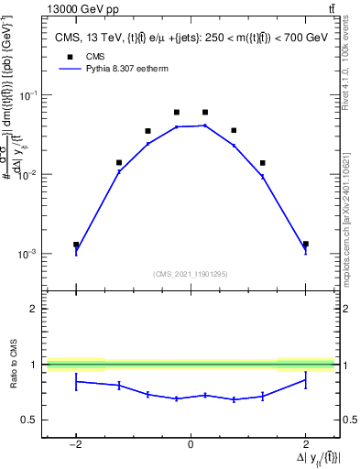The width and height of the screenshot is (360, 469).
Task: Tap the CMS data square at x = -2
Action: click(x=76, y=245)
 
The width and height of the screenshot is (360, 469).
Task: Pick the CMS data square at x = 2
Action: click(x=305, y=245)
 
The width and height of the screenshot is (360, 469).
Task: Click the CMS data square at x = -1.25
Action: click(x=119, y=163)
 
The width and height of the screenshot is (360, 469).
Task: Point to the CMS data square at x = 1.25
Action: click(x=262, y=163)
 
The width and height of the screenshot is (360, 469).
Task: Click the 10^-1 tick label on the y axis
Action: click(x=29, y=95)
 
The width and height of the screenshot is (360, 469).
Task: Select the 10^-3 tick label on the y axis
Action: click(x=29, y=254)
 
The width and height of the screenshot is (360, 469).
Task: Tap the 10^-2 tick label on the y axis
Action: click(x=29, y=174)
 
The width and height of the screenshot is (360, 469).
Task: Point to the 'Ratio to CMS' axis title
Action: click(x=11, y=365)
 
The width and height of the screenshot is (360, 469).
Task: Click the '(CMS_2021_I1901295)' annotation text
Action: click(x=191, y=273)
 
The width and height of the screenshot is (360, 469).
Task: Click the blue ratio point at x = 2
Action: click(x=305, y=380)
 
